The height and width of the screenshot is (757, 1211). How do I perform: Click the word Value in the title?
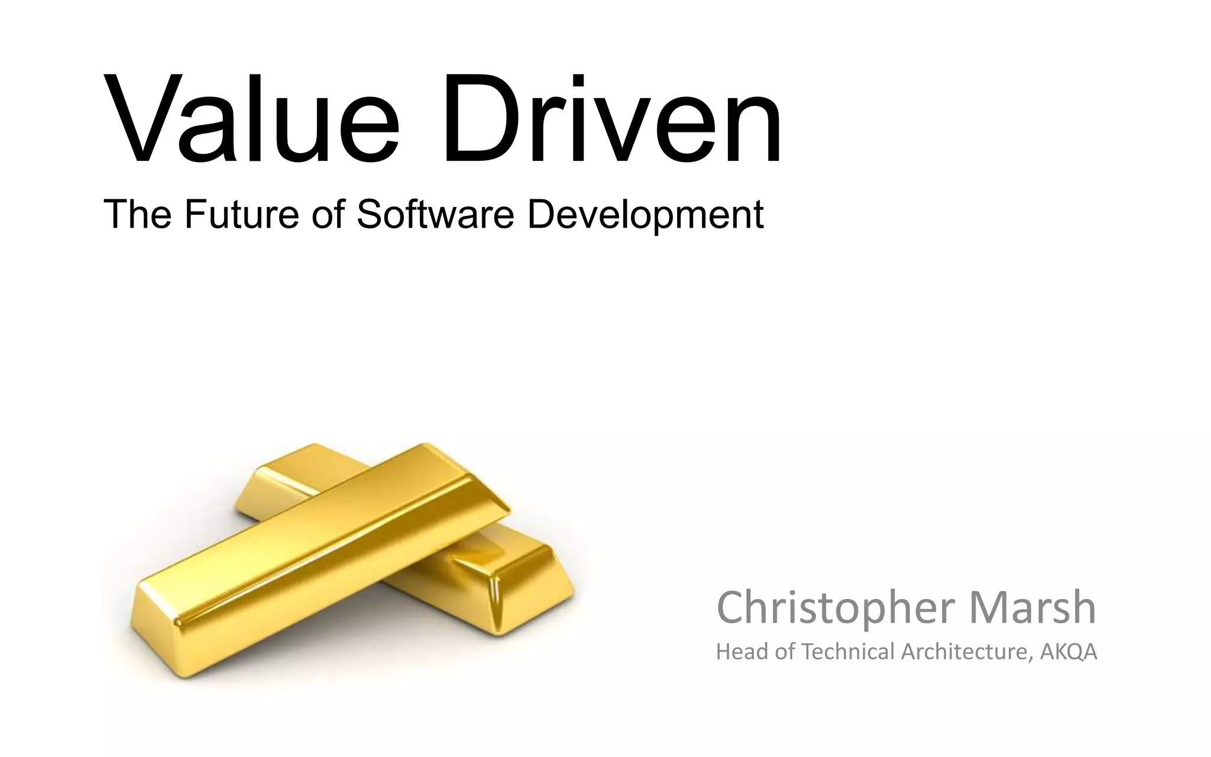click(x=251, y=118)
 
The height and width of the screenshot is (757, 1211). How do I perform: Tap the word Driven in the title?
click(x=612, y=118)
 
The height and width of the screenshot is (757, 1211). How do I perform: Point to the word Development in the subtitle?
click(x=645, y=216)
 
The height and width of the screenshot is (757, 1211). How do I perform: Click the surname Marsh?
click(x=1032, y=608)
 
